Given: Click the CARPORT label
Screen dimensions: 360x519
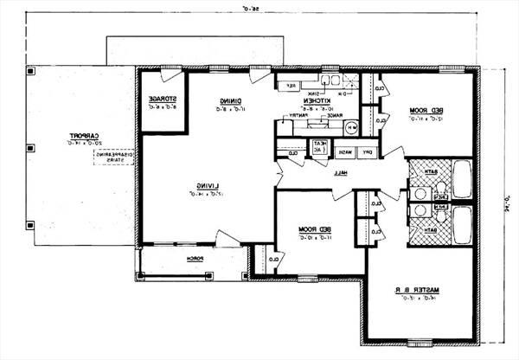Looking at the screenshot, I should (83, 137).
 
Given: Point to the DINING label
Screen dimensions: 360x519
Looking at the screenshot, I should (230, 100).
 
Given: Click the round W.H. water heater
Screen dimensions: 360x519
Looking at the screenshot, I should (351, 128).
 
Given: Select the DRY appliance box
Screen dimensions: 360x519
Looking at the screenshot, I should (367, 152).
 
